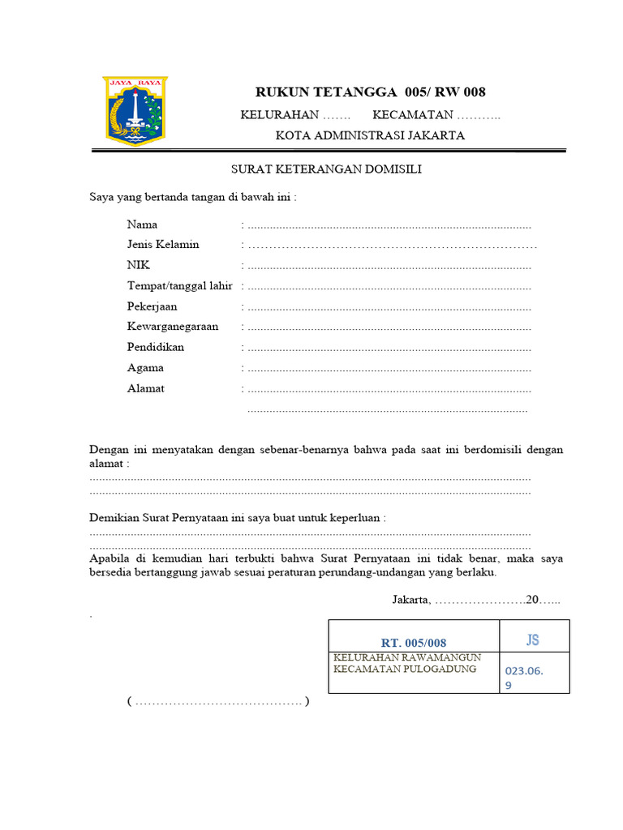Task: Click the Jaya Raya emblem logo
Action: [135, 111]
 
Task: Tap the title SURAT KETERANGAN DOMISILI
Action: [327, 169]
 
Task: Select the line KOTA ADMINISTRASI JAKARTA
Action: [370, 135]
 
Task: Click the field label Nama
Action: [142, 225]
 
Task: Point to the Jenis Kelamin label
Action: [163, 245]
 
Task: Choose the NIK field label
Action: [139, 265]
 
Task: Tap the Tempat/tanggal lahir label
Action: [180, 286]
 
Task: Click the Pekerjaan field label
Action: [152, 307]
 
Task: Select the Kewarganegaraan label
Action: [173, 327]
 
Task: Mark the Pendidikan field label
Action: [156, 347]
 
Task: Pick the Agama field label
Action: [145, 368]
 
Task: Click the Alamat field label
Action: [146, 388]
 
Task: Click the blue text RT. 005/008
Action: [414, 642]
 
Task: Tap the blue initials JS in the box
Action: [532, 640]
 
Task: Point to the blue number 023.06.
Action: [524, 671]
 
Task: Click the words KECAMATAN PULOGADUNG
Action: [405, 670]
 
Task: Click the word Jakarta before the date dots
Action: [410, 600]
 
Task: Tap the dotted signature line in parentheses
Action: [218, 701]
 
